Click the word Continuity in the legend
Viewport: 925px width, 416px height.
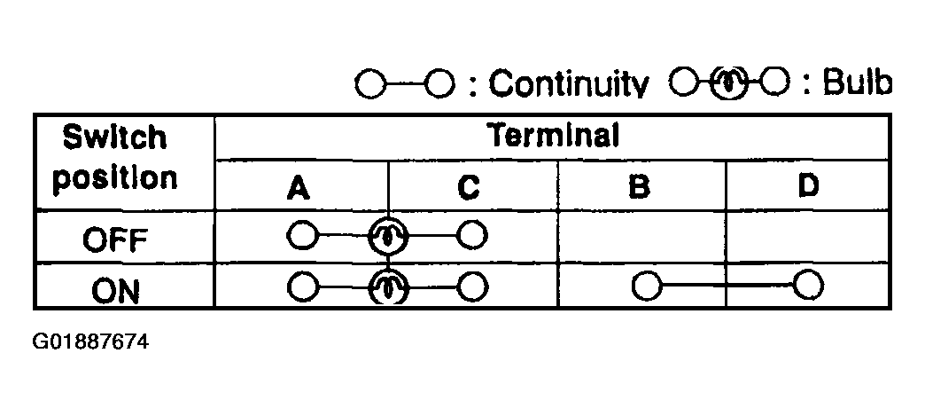pos(569,84)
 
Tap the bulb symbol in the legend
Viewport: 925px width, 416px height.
pos(729,83)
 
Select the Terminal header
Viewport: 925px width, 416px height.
pos(553,136)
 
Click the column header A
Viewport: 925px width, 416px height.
pos(299,189)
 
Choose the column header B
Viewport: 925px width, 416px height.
pos(639,188)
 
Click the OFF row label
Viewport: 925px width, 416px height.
pos(115,239)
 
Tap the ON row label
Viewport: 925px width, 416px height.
pos(115,291)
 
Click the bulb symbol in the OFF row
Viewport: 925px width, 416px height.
pos(387,236)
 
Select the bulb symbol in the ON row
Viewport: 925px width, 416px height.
pos(387,287)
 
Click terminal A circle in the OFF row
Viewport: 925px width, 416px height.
pos(302,236)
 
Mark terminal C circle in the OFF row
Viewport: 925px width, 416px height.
pos(472,236)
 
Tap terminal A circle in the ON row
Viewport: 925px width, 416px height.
pos(303,287)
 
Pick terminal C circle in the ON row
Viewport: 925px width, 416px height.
pos(472,287)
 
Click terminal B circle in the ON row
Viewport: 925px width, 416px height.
pos(647,286)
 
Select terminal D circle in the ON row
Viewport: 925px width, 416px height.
pos(808,286)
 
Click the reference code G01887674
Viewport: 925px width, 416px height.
pos(91,342)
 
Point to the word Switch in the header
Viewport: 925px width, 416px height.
pos(114,137)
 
